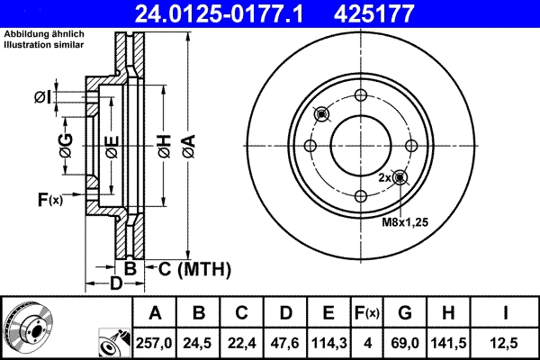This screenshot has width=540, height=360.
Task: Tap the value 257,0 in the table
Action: point(156,340)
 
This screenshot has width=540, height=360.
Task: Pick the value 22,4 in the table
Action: point(242,340)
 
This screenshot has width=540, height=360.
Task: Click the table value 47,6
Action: point(285,340)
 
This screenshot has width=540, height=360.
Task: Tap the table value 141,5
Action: point(450,340)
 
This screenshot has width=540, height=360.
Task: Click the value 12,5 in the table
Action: point(508,340)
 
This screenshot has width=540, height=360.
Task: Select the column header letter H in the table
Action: point(450,313)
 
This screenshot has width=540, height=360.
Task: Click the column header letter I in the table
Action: point(508,313)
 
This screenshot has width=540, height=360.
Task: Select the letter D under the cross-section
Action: point(115,284)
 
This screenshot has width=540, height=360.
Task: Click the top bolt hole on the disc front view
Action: point(360,96)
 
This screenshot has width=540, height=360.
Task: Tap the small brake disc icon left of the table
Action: point(28,325)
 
